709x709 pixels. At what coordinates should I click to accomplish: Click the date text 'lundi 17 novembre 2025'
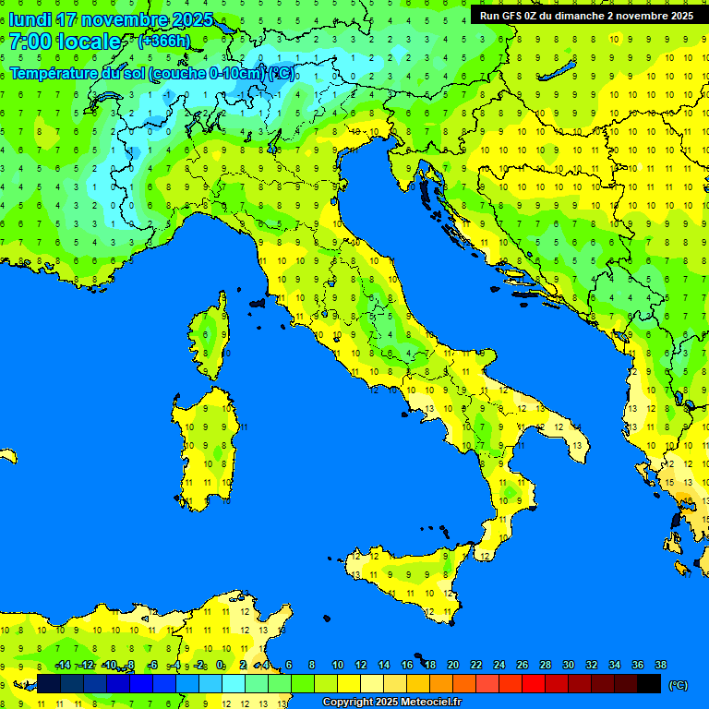[111, 19]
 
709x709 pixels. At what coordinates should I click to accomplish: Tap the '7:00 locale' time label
[65, 42]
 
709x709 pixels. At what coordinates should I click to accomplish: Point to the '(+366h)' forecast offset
[163, 42]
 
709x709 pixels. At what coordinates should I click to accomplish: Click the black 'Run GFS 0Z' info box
[586, 15]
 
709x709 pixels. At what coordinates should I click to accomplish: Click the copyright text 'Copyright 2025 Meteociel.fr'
[391, 703]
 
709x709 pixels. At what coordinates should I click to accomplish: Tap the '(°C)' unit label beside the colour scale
[678, 685]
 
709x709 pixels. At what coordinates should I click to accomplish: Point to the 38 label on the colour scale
[660, 665]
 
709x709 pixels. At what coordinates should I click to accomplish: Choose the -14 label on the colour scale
[64, 665]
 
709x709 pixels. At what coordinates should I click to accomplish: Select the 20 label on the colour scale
[452, 665]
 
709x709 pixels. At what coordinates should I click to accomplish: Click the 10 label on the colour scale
[338, 665]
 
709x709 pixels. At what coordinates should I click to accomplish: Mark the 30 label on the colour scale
[568, 665]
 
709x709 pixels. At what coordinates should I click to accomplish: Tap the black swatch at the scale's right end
[649, 684]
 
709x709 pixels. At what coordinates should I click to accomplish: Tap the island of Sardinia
[205, 448]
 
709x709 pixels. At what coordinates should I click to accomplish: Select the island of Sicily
[406, 577]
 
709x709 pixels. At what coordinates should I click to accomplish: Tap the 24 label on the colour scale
[499, 665]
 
